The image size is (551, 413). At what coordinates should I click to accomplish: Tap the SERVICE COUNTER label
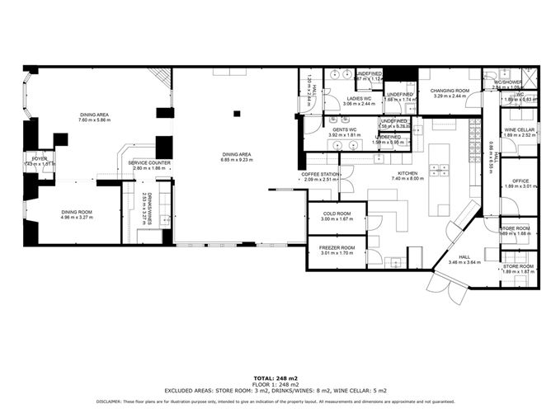click(x=149, y=162)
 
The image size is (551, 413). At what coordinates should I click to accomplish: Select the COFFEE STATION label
click(x=320, y=174)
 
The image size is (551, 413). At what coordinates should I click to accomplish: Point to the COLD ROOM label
click(x=336, y=214)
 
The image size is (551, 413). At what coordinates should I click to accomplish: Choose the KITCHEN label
click(x=405, y=174)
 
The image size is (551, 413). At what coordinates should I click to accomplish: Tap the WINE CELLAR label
click(x=519, y=130)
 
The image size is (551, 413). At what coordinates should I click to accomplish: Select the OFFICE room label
click(x=520, y=181)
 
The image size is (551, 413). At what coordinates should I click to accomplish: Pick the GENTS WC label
click(x=344, y=130)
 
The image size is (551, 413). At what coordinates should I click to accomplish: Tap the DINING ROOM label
click(x=76, y=212)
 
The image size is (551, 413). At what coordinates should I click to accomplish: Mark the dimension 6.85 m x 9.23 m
click(x=235, y=160)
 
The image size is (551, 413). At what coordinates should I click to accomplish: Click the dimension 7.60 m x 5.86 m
click(x=94, y=120)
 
